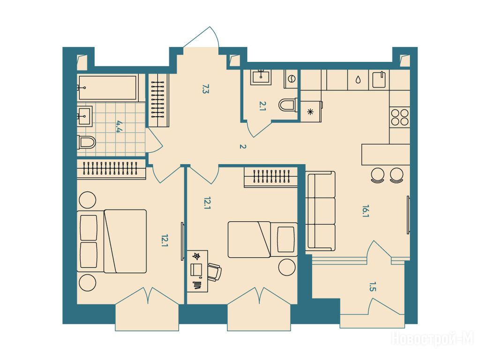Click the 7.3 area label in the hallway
coord(205,89)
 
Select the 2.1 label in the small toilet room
coord(262,106)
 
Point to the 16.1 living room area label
coord(365,211)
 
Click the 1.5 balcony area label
coord(372,287)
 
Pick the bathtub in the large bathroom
coord(107,88)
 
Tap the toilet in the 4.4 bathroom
coord(86,142)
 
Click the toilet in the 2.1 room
coord(288,105)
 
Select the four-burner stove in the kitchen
coord(400,117)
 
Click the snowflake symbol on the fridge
coord(310,112)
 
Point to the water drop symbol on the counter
coord(358,80)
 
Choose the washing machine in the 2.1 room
coord(291,79)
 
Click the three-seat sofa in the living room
coord(321,211)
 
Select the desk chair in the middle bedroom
coord(215,271)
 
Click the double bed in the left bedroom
coord(112,241)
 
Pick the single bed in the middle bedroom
coord(262,240)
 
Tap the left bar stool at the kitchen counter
coord(377,175)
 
